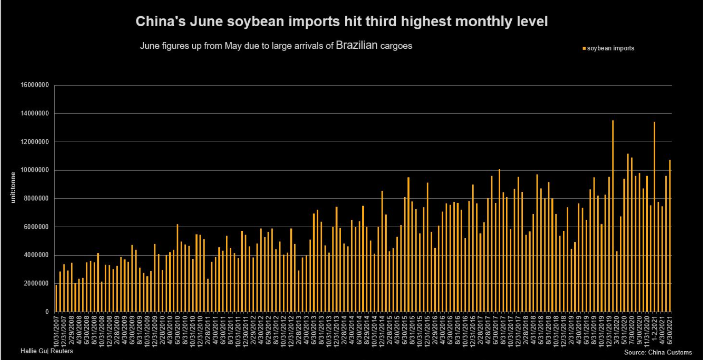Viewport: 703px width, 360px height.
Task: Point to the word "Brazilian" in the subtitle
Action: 357,46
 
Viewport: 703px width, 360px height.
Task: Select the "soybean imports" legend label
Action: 611,48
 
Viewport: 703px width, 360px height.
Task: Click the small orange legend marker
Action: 584,48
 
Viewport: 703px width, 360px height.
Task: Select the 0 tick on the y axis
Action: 47,312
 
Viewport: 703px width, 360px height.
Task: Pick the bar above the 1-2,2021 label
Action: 655,217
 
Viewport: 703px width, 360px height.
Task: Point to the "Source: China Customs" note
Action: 657,353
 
